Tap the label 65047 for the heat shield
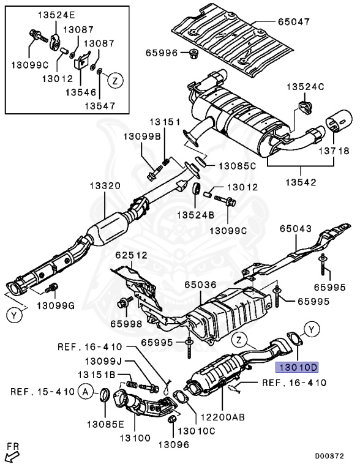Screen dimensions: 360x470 (x=293, y=22)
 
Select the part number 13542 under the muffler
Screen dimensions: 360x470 (x=301, y=182)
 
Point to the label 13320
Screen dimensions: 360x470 (x=105, y=186)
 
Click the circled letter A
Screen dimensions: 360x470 (x=86, y=392)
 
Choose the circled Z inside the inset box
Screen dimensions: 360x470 (x=116, y=80)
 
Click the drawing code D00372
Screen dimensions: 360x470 (x=329, y=456)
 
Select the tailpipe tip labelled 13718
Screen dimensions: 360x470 (x=339, y=121)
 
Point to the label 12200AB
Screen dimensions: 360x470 (x=223, y=417)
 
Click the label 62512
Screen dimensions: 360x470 (x=132, y=255)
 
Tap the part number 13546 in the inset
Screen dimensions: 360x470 (x=81, y=92)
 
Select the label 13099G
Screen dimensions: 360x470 (x=56, y=306)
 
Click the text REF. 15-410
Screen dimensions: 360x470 (x=42, y=392)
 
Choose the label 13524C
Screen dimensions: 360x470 (x=306, y=87)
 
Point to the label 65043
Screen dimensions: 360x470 (x=296, y=229)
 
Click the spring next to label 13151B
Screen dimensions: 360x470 (x=132, y=383)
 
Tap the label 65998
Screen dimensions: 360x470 (x=126, y=324)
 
